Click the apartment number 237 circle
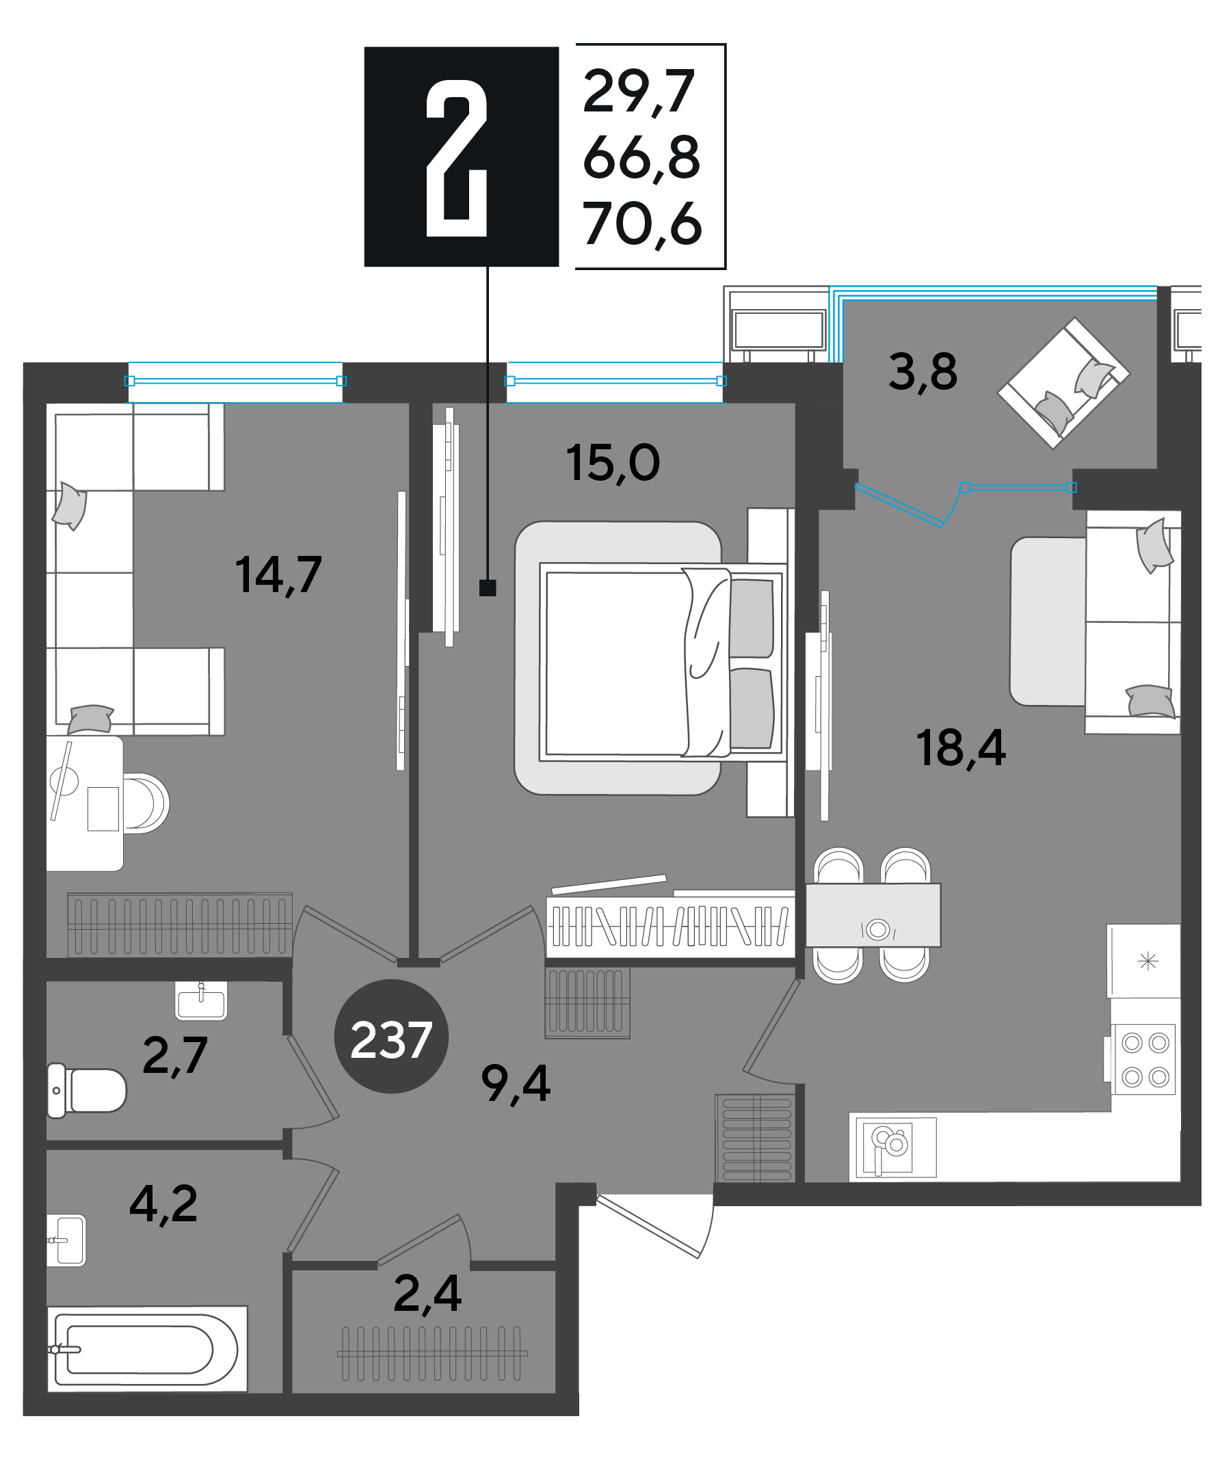tap(390, 1036)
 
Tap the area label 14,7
tap(278, 576)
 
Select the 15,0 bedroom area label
tap(612, 463)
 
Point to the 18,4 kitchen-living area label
tap(960, 748)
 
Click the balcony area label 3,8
tap(923, 372)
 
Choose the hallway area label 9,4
tap(515, 1083)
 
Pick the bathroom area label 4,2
tap(163, 1203)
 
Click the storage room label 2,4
tap(427, 1293)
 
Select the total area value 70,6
tap(642, 224)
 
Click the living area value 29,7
tap(639, 92)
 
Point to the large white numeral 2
tap(457, 158)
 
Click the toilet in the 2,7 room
tap(86, 1091)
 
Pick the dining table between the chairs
tap(873, 915)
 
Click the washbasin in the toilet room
tap(201, 1000)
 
